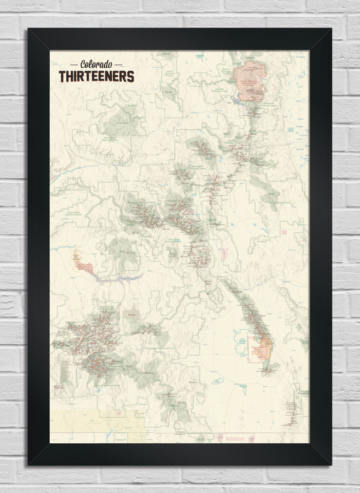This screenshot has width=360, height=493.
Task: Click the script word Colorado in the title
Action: pos(96,64)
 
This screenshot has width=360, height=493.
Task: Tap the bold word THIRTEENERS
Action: pos(96,76)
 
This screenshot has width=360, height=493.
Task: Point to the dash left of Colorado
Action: pos(74,64)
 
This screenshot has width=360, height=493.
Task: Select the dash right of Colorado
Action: pos(118,64)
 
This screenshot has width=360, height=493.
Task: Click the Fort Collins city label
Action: pos(299,57)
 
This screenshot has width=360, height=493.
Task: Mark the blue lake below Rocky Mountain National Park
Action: pos(237,100)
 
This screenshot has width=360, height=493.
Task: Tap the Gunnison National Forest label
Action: pos(175,241)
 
